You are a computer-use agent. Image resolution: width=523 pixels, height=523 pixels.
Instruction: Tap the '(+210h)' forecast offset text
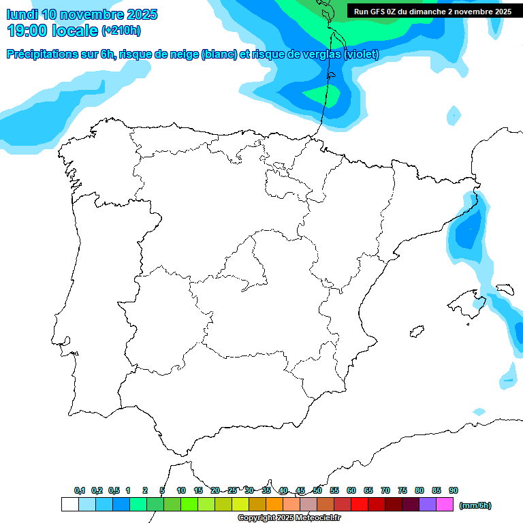tap(121, 31)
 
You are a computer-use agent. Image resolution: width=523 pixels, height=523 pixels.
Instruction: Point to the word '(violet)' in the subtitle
tap(362, 54)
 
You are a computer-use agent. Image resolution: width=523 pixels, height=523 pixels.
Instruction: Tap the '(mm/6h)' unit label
tap(475, 505)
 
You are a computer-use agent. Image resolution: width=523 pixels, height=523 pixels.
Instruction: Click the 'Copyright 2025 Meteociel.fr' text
tap(289, 518)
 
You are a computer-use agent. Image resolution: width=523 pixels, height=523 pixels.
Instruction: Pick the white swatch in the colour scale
tap(69, 505)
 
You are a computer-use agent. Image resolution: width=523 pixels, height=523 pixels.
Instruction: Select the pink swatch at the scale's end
tap(445, 505)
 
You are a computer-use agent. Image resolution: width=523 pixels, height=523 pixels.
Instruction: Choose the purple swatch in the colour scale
tap(428, 505)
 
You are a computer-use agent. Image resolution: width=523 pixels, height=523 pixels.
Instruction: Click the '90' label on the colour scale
tap(454, 490)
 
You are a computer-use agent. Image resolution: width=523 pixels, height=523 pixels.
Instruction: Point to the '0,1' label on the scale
tap(80, 490)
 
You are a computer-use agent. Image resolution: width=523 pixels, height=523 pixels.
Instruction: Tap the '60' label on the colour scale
tap(351, 490)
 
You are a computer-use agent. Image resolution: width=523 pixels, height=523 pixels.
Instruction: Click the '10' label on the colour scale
tap(181, 490)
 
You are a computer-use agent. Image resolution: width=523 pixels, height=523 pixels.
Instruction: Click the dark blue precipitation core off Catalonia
tap(469, 230)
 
